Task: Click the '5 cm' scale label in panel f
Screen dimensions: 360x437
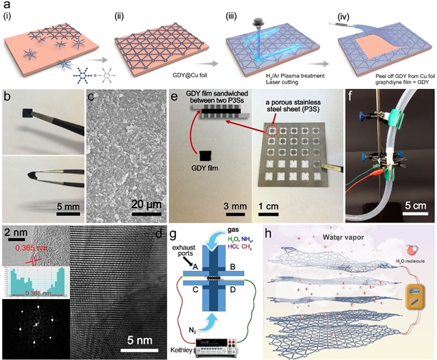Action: click(409, 205)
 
